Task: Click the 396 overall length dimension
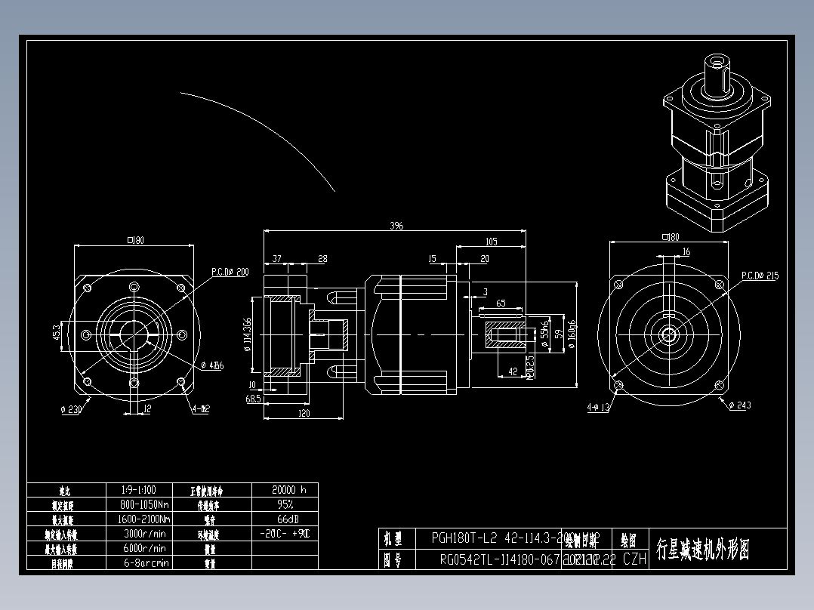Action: point(396,226)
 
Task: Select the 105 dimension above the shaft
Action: point(492,242)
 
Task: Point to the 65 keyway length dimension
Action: point(501,303)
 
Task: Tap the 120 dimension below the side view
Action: point(304,414)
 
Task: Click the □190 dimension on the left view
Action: point(135,241)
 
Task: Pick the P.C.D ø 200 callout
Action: point(230,272)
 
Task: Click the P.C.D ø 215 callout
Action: point(759,276)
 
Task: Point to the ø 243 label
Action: point(739,406)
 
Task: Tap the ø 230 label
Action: point(71,409)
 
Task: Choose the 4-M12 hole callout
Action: point(201,409)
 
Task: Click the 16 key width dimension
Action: point(686,252)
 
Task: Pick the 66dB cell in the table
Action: point(284,519)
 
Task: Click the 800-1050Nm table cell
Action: point(144,504)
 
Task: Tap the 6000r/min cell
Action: point(144,548)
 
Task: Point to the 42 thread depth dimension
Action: point(513,371)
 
